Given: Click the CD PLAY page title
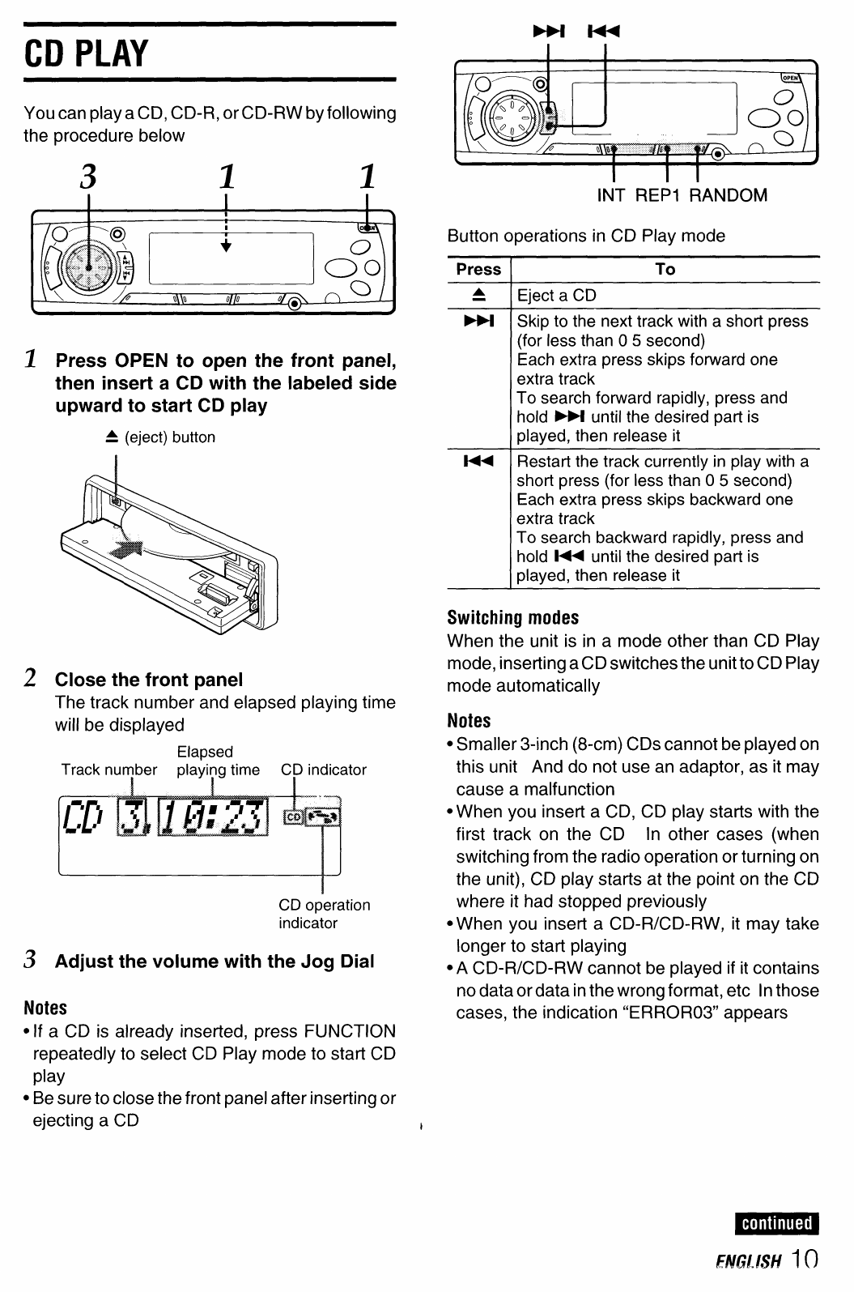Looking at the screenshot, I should click(87, 54).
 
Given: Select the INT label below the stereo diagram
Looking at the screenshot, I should click(610, 195).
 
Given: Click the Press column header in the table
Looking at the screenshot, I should click(478, 270).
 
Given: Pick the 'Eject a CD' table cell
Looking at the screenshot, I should click(556, 296).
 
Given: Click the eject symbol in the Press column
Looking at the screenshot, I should click(478, 295).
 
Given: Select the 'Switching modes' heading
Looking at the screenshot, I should click(513, 618).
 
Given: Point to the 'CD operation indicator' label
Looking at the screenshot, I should click(324, 914).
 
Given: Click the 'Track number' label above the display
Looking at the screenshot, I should click(109, 770).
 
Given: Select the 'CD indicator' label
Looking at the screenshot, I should click(324, 770).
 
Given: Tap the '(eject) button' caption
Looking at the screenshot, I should click(169, 437).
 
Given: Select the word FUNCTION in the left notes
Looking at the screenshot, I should click(350, 1032).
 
